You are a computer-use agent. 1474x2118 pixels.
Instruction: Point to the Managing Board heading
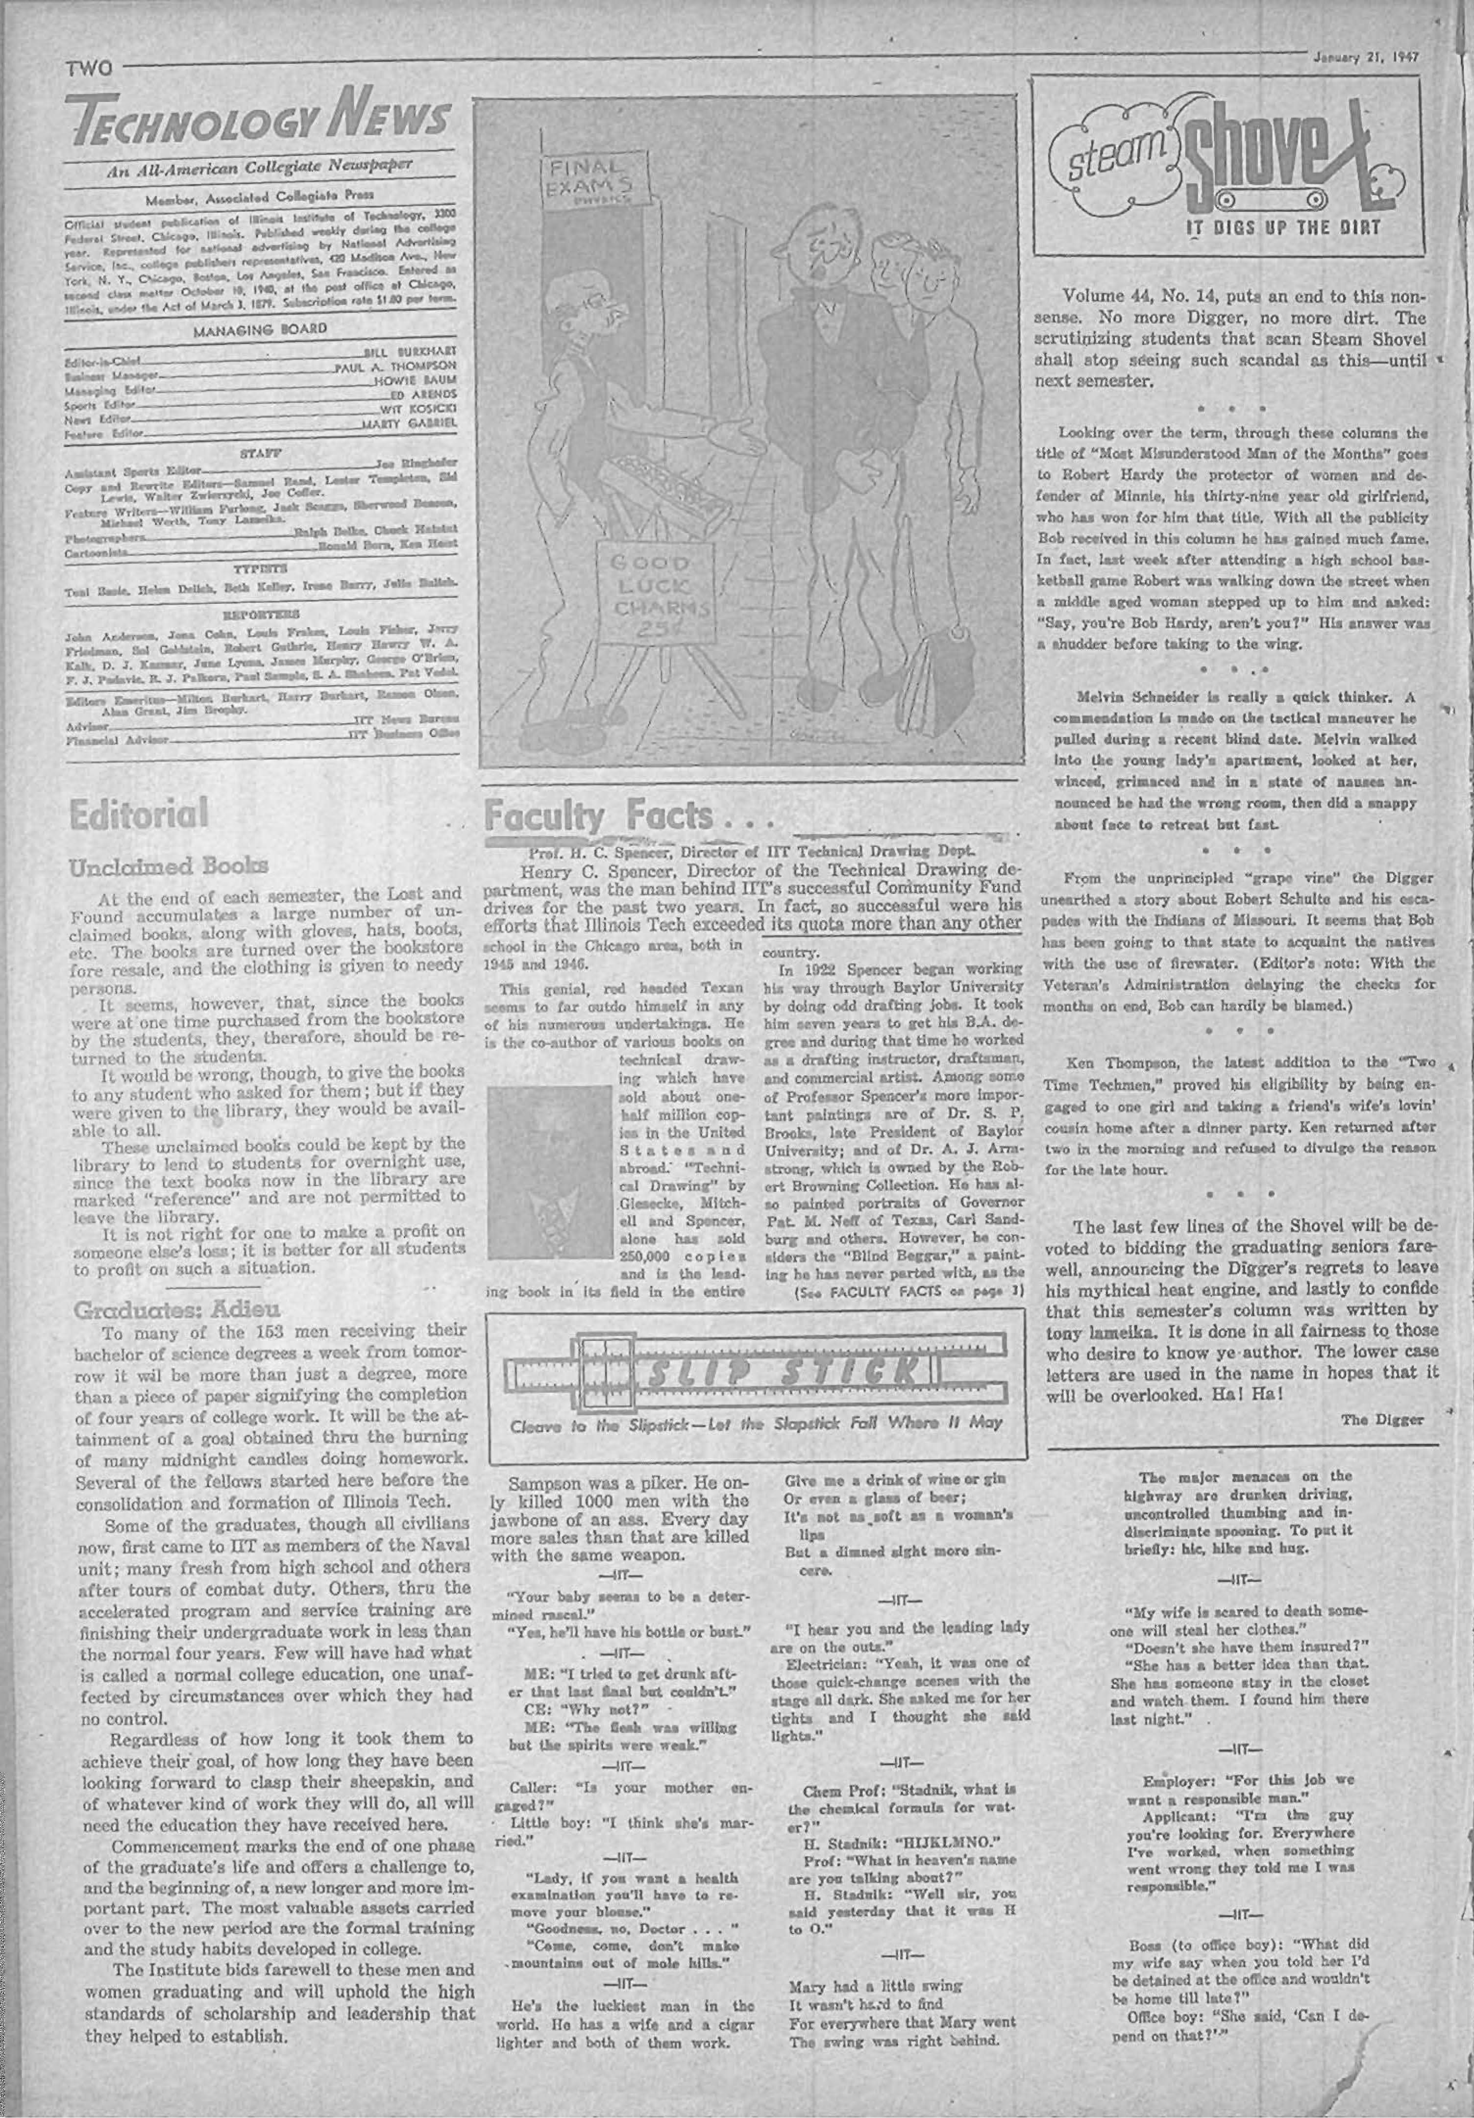(x=261, y=327)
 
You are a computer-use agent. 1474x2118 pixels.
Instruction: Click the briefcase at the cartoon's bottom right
(x=932, y=678)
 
